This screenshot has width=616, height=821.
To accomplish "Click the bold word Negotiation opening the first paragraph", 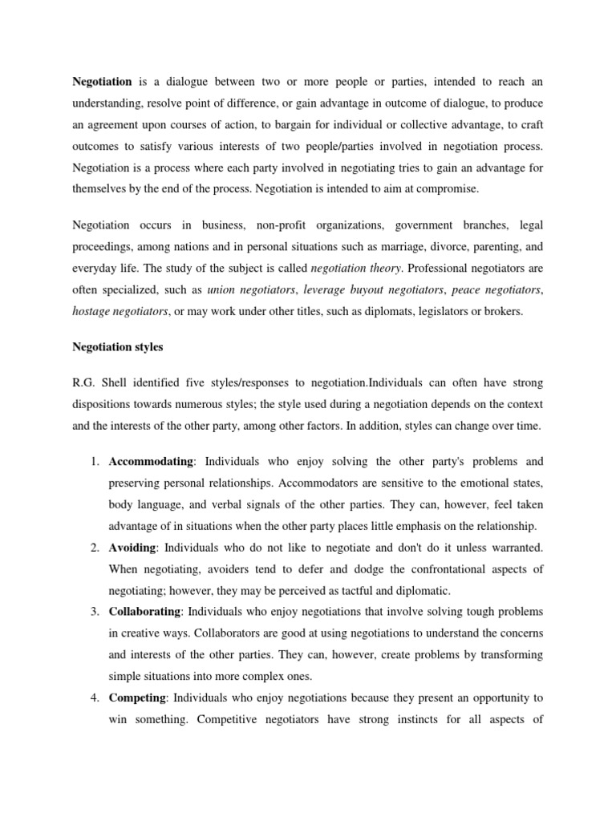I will click(103, 81).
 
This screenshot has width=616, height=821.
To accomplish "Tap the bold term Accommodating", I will click(152, 462).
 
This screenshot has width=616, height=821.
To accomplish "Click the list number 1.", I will click(94, 462).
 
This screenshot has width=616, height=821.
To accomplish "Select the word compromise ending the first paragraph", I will click(447, 190).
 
